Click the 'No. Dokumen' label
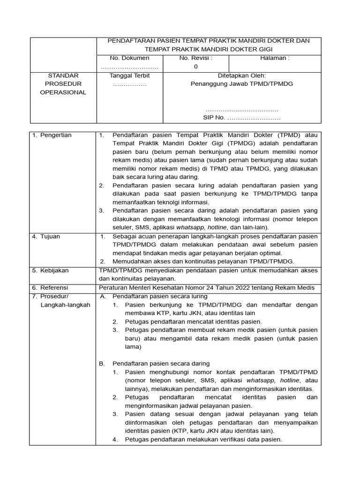pos(129,58)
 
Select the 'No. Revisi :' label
pos(195,58)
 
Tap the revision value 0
pos(195,67)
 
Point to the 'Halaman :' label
pos(275,58)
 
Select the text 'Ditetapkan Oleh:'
pos(241,75)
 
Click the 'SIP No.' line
pos(241,118)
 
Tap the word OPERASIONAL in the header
pos(63,92)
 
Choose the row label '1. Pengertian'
pos(52,135)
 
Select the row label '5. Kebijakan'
pos(50,270)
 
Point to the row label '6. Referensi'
pos(50,288)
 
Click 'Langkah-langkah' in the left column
pos(66,305)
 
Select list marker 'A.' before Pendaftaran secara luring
pos(103,296)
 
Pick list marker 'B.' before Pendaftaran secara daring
pos(103,364)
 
